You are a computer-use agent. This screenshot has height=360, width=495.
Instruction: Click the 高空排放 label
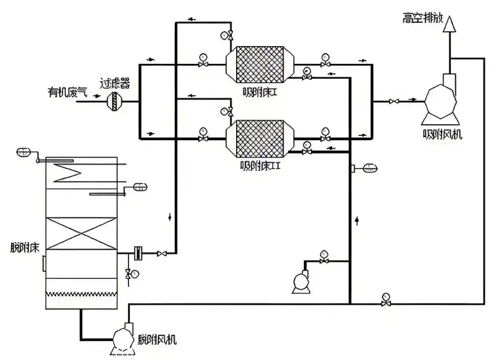pyautogui.click(x=422, y=17)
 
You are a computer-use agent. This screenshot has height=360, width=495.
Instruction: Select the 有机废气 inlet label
pyautogui.click(x=68, y=92)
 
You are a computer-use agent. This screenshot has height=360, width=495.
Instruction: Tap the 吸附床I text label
pyautogui.click(x=258, y=92)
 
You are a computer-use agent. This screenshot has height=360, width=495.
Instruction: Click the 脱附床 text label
pyautogui.click(x=25, y=248)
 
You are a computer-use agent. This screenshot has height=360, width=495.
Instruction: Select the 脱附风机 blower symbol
pyautogui.click(x=125, y=340)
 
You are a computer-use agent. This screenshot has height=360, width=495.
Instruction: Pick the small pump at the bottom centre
pyautogui.click(x=301, y=281)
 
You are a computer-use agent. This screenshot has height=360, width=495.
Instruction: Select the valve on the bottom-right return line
pyautogui.click(x=386, y=303)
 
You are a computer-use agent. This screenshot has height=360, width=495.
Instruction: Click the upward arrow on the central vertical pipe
pyautogui.click(x=356, y=219)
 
